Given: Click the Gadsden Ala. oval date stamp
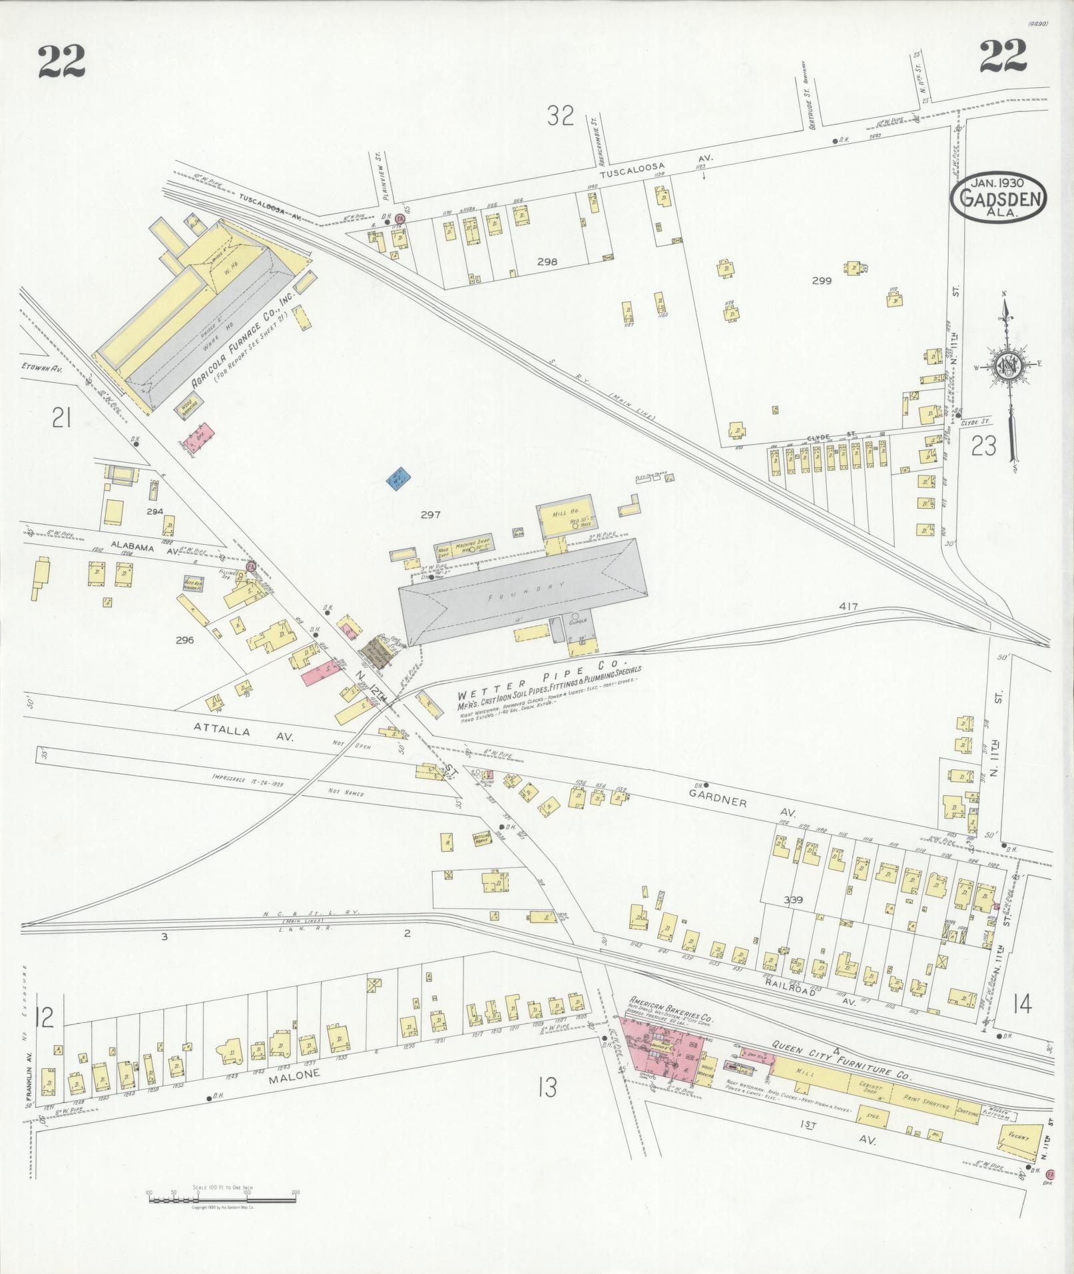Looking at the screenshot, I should pos(999,196).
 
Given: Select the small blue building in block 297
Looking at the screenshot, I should pos(399,480).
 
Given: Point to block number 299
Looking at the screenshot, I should pos(822,281).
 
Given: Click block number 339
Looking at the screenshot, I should pos(793,900).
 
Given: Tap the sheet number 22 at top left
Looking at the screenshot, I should pos(62,61).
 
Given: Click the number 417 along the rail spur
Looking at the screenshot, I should pos(849,607).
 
